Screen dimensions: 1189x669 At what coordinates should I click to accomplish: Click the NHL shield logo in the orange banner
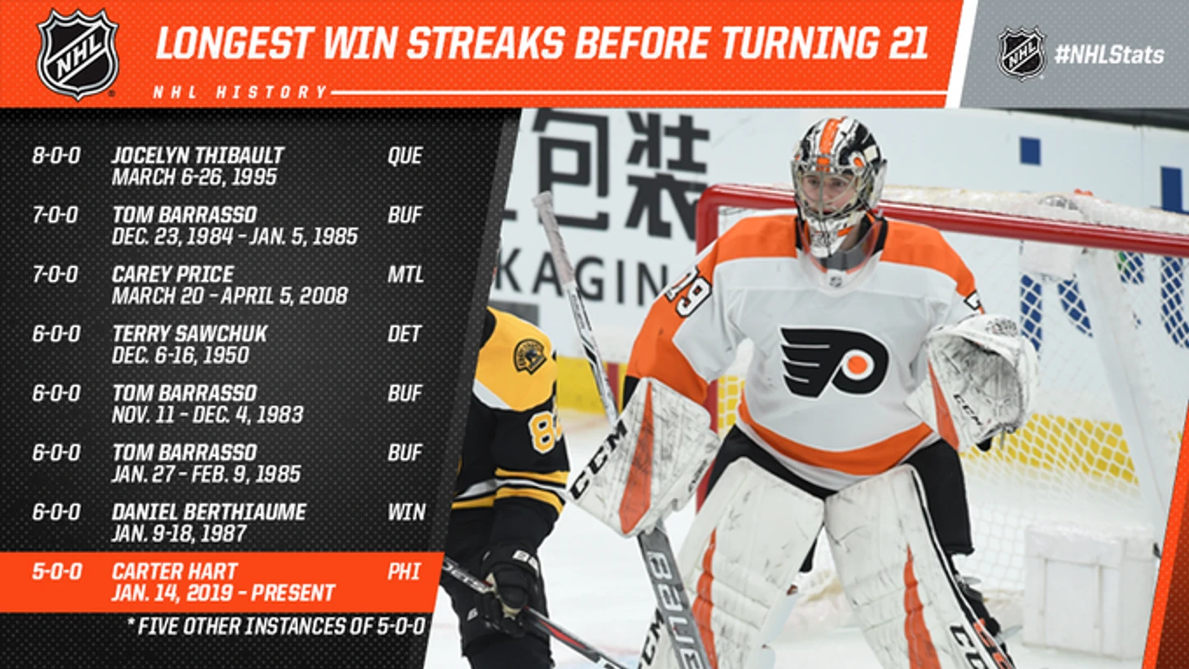[77, 54]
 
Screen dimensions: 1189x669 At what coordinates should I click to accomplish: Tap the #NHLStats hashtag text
[1109, 55]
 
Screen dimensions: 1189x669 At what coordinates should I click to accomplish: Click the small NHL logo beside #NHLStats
[1022, 54]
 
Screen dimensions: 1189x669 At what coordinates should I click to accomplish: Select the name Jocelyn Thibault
[198, 155]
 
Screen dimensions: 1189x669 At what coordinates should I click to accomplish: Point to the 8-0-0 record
[56, 155]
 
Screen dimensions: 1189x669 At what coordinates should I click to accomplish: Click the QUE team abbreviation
[405, 155]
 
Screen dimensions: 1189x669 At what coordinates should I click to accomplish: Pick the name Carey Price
[173, 274]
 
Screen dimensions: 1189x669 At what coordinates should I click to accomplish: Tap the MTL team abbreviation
[406, 274]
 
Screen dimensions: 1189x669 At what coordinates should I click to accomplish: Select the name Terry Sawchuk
[190, 334]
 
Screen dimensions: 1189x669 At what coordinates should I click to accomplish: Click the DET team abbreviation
[404, 334]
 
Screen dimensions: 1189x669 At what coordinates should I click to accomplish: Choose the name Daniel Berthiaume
[209, 512]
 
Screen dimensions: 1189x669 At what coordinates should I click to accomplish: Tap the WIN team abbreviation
[406, 512]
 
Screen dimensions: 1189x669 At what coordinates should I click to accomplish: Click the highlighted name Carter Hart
[174, 571]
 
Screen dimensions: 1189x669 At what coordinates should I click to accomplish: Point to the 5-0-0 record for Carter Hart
[57, 571]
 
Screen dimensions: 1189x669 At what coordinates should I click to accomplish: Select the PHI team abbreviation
[404, 571]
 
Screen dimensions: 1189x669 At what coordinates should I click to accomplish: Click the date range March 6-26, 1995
[195, 177]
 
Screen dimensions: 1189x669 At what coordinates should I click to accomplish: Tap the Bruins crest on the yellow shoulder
[529, 356]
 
